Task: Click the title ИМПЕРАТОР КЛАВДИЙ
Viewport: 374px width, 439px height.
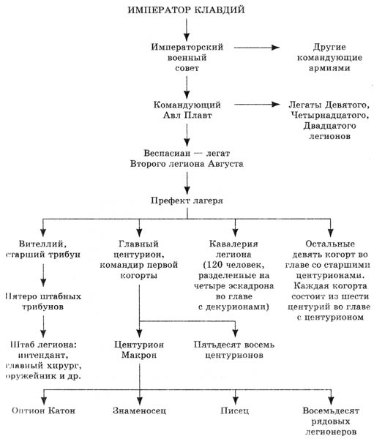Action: [187, 10]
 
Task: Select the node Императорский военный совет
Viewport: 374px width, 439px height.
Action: [187, 58]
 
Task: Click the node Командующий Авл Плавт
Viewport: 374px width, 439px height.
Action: [187, 111]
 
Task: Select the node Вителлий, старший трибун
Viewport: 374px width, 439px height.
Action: [45, 249]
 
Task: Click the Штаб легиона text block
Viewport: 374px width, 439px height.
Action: [45, 359]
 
